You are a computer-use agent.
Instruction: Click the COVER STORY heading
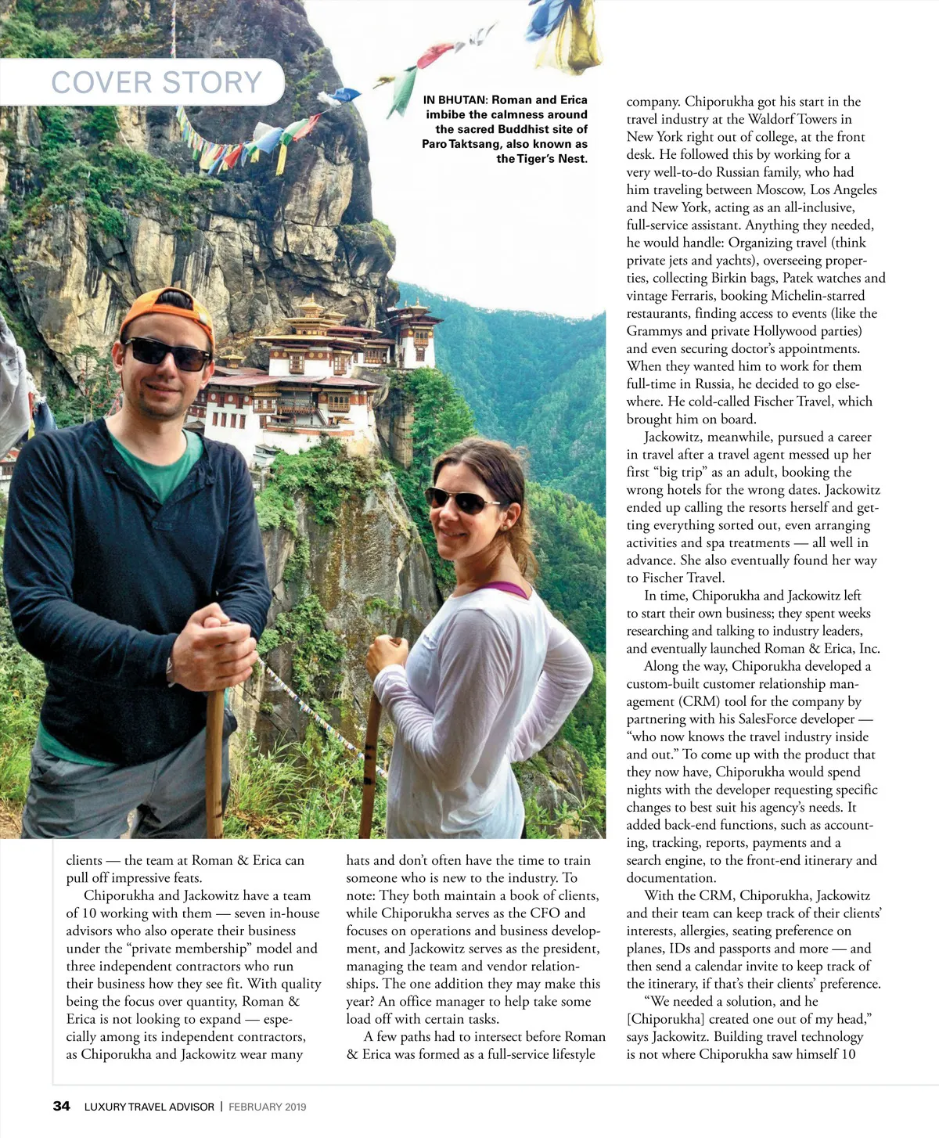156,82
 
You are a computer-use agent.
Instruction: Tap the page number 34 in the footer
61,1106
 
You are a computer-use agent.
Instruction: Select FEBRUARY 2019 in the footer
268,1107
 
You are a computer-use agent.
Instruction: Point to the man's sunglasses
168,353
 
